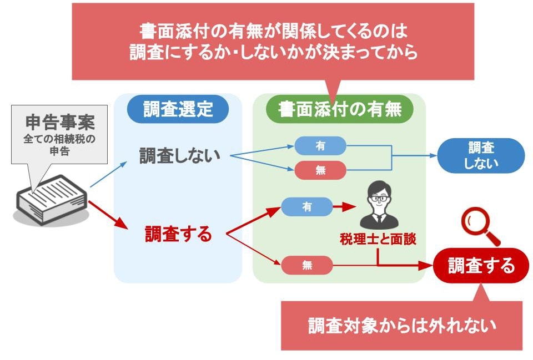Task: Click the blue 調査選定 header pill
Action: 178,109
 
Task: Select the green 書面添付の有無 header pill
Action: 340,109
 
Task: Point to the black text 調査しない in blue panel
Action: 179,156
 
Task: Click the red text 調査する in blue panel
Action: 179,234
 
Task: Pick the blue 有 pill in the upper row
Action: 320,145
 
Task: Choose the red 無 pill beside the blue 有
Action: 320,170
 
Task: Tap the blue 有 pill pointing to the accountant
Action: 307,207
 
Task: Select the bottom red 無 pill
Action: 307,265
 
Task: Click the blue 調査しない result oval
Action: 481,155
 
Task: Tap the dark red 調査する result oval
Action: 481,266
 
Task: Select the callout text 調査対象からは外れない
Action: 401,326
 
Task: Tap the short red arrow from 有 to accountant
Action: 344,207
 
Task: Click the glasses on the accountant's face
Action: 379,197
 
